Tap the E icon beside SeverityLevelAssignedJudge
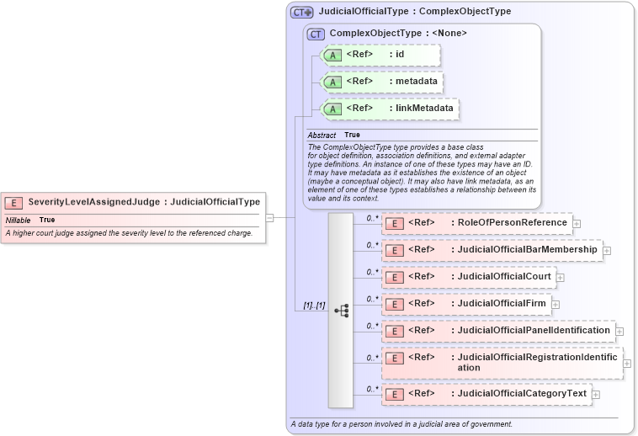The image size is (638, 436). pyautogui.click(x=13, y=202)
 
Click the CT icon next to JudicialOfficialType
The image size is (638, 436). pyautogui.click(x=301, y=13)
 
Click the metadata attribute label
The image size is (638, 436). pyautogui.click(x=416, y=82)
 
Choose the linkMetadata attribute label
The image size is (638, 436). pyautogui.click(x=424, y=109)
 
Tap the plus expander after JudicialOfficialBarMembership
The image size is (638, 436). pyautogui.click(x=607, y=250)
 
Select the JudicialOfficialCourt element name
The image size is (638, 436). pyautogui.click(x=503, y=276)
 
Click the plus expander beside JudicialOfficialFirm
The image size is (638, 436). pyautogui.click(x=556, y=304)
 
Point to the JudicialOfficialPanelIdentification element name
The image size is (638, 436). pyautogui.click(x=533, y=330)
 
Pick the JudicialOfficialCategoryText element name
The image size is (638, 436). pyautogui.click(x=522, y=394)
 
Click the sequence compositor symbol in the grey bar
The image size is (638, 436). pyautogui.click(x=341, y=311)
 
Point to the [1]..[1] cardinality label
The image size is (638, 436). pyautogui.click(x=314, y=305)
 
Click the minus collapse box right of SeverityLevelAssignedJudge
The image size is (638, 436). pyautogui.click(x=269, y=217)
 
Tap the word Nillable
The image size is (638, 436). pyautogui.click(x=19, y=220)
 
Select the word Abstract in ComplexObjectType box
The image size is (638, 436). pyautogui.click(x=322, y=135)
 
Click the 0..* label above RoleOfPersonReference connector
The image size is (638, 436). pyautogui.click(x=372, y=217)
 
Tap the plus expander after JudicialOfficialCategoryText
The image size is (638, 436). pyautogui.click(x=596, y=394)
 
